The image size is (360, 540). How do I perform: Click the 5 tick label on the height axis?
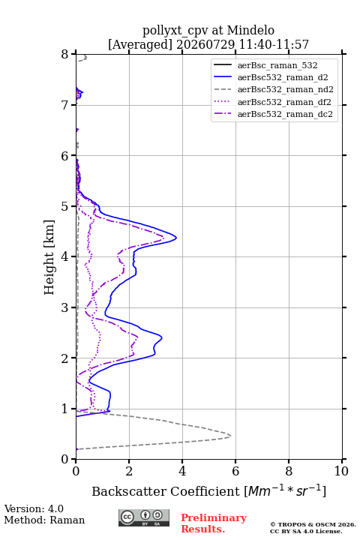tap(65, 206)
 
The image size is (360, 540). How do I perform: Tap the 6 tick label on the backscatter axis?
tap(235, 471)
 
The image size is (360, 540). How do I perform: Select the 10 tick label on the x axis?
tap(341, 471)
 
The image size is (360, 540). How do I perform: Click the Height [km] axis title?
tap(49, 257)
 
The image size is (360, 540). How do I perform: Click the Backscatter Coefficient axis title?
tap(208, 490)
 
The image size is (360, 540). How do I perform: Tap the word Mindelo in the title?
tap(250, 30)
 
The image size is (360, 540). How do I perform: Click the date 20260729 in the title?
tap(205, 44)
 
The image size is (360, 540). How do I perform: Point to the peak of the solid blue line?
tap(176, 238)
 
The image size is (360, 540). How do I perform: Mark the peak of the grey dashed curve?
tap(231, 436)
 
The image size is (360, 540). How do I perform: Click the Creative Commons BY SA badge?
tap(144, 517)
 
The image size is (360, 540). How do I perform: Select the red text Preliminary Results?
tap(214, 523)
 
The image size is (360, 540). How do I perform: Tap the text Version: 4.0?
tap(34, 508)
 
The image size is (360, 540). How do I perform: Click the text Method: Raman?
tap(44, 520)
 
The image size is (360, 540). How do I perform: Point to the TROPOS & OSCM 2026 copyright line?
tap(313, 524)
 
